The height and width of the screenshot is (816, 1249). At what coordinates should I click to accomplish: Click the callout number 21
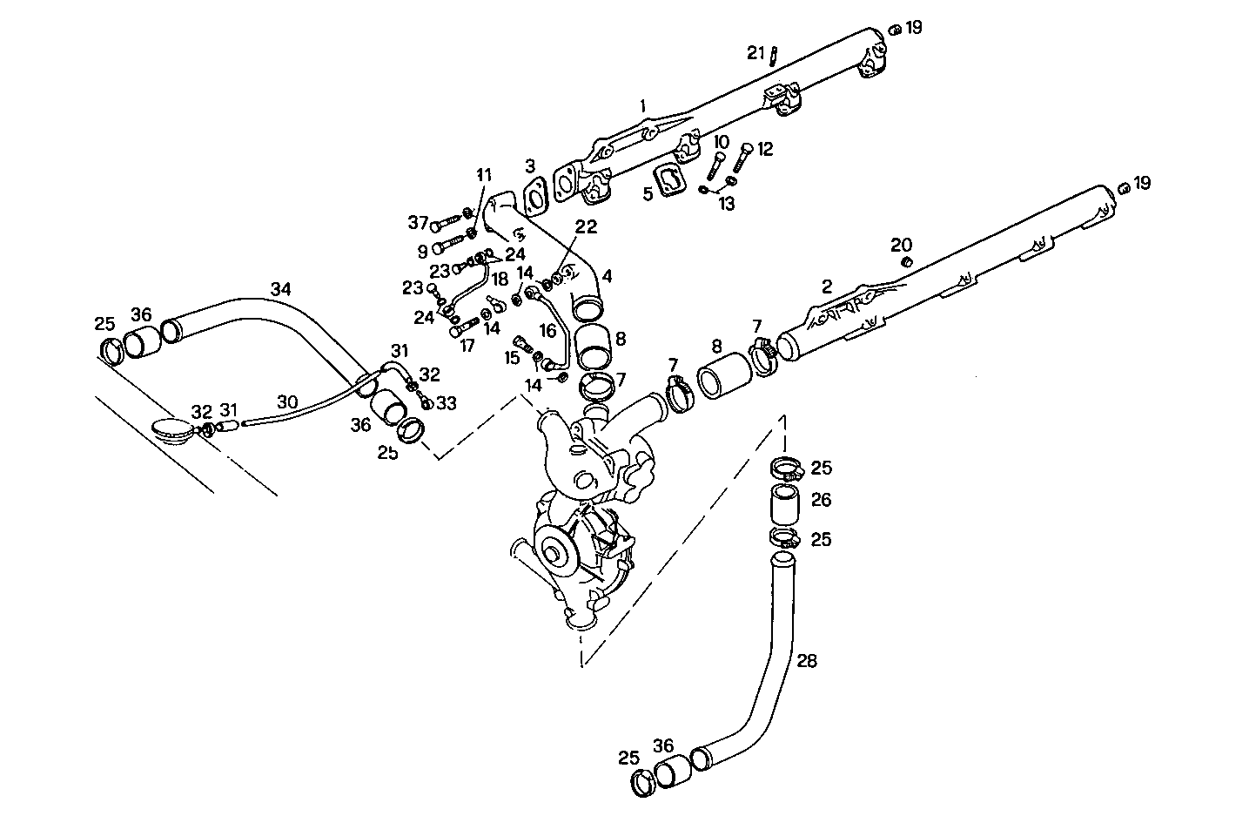pos(755,53)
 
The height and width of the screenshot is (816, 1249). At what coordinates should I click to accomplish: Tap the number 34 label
pos(280,288)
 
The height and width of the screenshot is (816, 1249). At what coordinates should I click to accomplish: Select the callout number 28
pos(807,661)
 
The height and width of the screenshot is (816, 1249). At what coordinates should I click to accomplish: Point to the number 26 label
pos(821,500)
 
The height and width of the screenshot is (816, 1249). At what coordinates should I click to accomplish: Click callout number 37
pos(418,224)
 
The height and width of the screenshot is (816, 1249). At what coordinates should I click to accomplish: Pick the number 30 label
pos(288,402)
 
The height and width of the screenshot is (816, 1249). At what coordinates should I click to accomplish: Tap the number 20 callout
pos(901,243)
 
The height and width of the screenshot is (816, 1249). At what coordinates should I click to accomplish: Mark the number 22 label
pos(586,226)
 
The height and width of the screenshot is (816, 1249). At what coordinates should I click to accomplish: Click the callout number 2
pos(827,287)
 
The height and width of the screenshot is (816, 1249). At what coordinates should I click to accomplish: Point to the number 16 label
pos(547,330)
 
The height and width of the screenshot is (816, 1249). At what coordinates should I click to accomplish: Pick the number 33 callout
pos(447,403)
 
